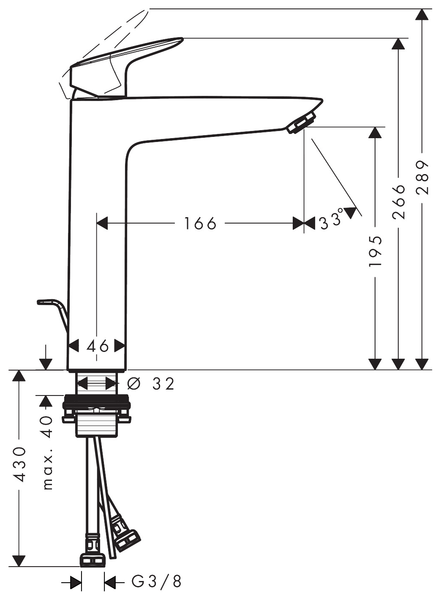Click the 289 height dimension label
[x=422, y=178]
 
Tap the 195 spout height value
[x=375, y=251]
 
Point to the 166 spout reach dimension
[x=201, y=223]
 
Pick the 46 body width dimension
[x=97, y=346]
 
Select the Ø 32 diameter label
[x=151, y=384]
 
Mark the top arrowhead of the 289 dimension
[x=422, y=15]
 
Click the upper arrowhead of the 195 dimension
[x=375, y=132]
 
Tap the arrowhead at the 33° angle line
[x=351, y=213]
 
